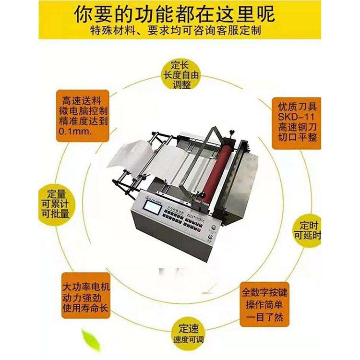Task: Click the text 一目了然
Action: [264, 317]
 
